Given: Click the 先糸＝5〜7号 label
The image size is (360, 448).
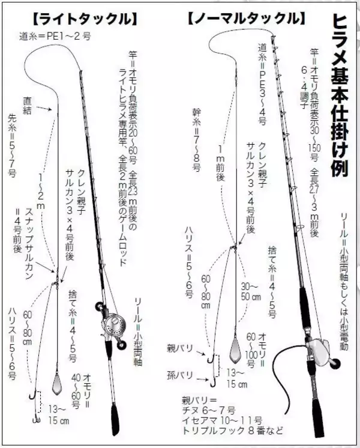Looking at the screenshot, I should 13,144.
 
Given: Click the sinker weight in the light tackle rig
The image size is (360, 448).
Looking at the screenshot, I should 57,382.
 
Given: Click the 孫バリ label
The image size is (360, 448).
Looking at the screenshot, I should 180,375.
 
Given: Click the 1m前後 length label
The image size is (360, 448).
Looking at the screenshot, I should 220,163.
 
